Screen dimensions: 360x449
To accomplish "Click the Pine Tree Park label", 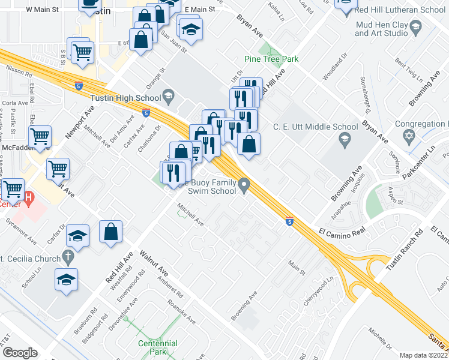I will (271, 59).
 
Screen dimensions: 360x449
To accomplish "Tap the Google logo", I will (20, 353).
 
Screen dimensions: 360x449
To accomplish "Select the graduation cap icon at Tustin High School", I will (169, 96).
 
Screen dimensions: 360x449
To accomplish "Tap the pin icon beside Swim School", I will (244, 185).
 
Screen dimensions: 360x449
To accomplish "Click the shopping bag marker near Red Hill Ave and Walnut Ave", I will (111, 232).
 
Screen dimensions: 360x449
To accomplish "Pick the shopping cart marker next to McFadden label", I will (40, 136).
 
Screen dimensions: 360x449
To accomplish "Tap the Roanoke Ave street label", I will (181, 313).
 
